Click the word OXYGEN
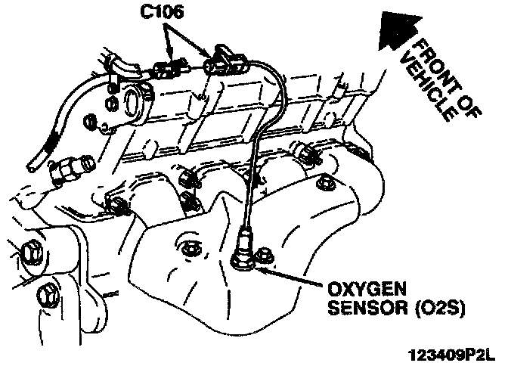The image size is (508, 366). [x=362, y=290]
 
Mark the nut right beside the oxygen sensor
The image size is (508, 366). [x=263, y=256]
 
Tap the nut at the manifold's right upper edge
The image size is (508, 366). [x=324, y=183]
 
